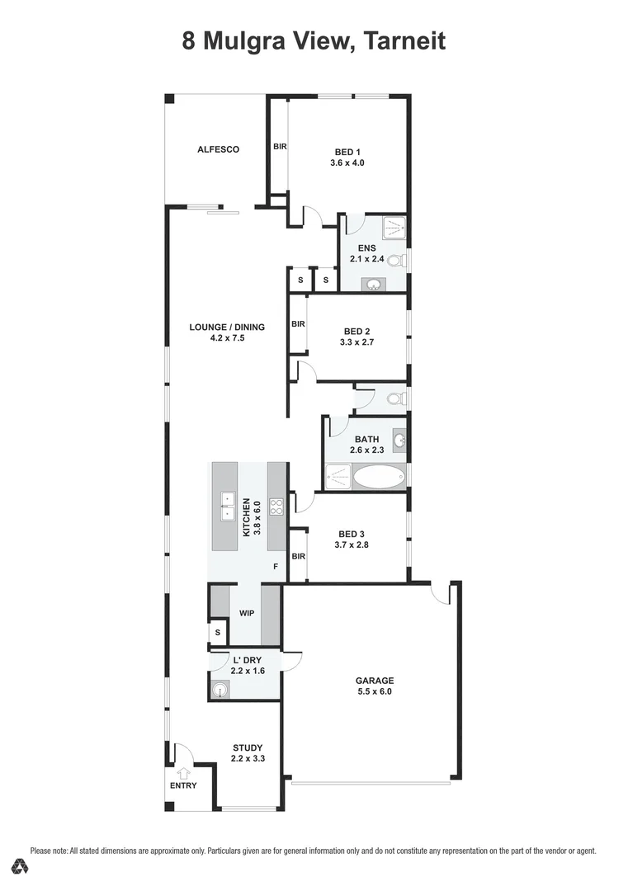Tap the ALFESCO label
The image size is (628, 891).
(218, 149)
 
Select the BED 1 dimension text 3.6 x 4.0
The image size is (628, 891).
(347, 163)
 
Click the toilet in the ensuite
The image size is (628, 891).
(394, 262)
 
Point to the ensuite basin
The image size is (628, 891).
(373, 285)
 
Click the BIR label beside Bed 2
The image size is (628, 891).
(298, 324)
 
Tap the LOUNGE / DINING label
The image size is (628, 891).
(227, 327)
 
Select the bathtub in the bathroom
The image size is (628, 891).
(379, 478)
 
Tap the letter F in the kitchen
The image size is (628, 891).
(276, 568)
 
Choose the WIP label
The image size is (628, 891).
(246, 614)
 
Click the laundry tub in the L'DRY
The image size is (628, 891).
(220, 690)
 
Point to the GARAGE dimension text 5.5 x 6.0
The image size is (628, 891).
(374, 692)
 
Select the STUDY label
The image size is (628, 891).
(247, 747)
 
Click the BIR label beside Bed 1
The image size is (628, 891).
(279, 146)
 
